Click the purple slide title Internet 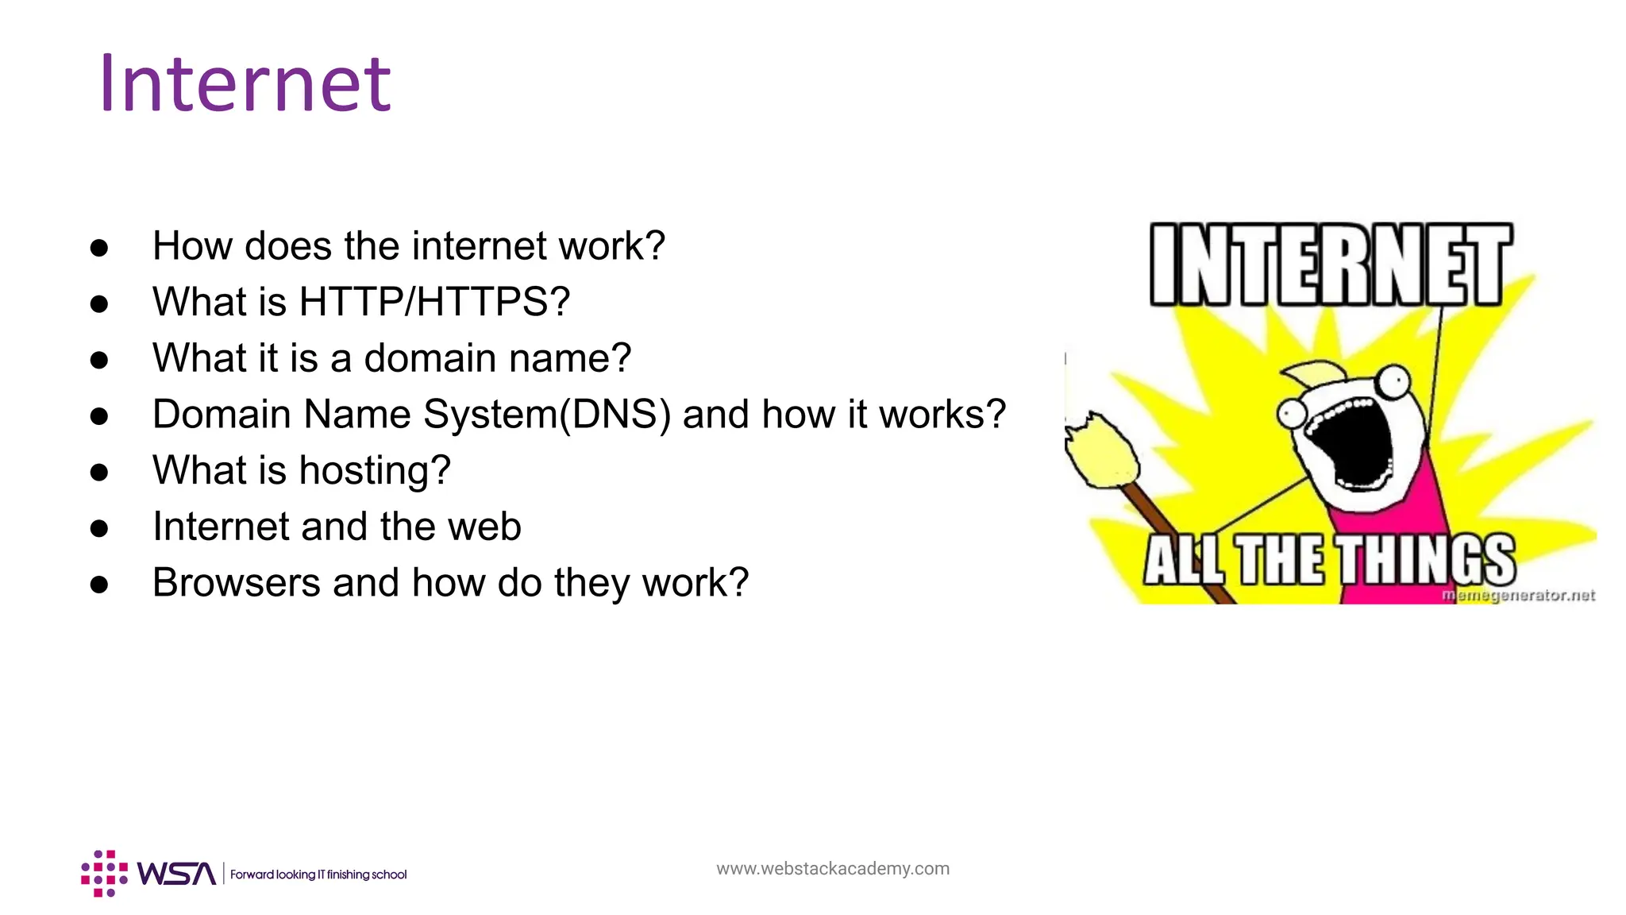coord(245,84)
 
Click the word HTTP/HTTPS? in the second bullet coord(434,302)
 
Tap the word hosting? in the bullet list coord(375,470)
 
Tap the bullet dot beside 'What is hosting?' coord(99,473)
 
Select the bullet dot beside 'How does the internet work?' coord(99,248)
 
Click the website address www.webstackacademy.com coord(832,869)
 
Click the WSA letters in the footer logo coord(176,874)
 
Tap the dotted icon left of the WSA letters coord(104,874)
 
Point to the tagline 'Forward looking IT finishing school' coord(318,874)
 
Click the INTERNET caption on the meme coord(1331,264)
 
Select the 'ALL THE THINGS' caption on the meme coord(1329,559)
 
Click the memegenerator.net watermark coord(1518,595)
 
